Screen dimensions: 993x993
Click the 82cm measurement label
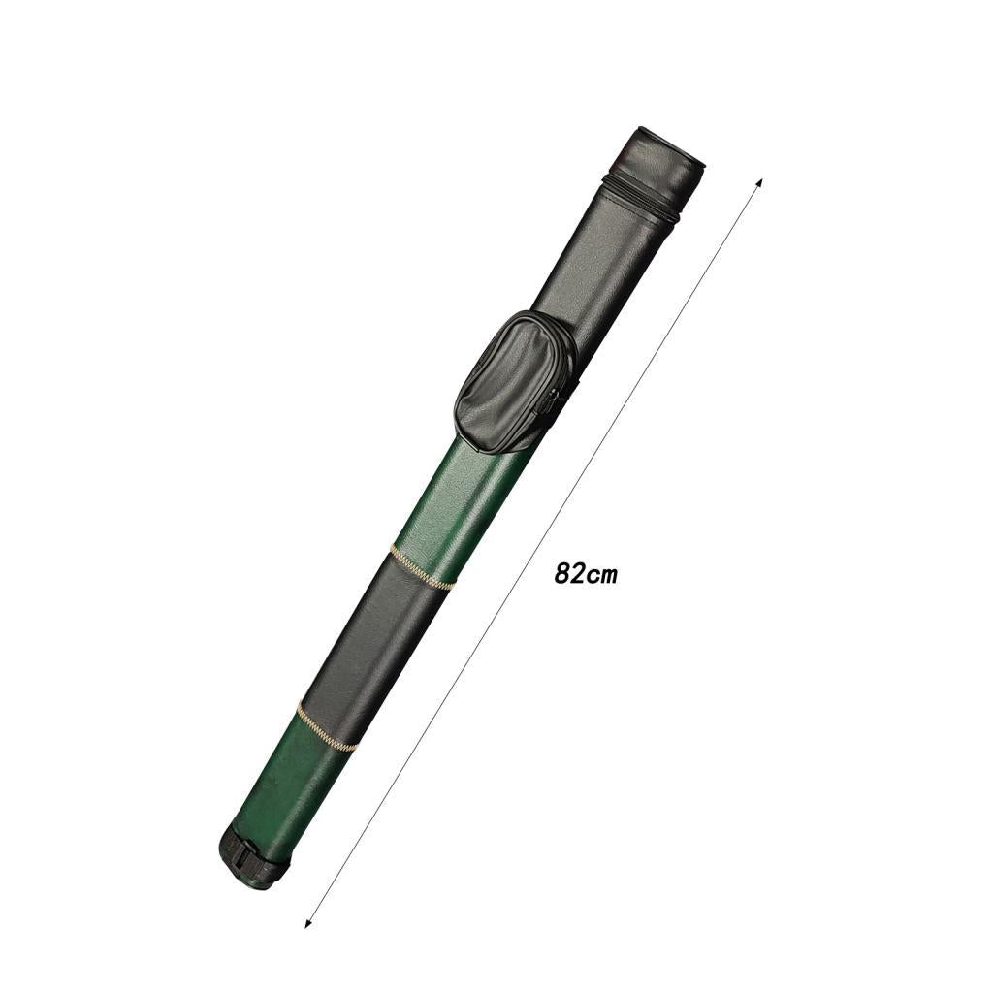point(585,574)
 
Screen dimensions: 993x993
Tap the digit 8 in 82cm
point(561,573)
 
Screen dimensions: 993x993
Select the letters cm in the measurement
point(601,576)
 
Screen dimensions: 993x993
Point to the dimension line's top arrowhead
point(759,184)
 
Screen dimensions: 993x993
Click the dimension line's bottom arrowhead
point(308,923)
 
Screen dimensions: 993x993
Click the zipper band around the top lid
point(643,201)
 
